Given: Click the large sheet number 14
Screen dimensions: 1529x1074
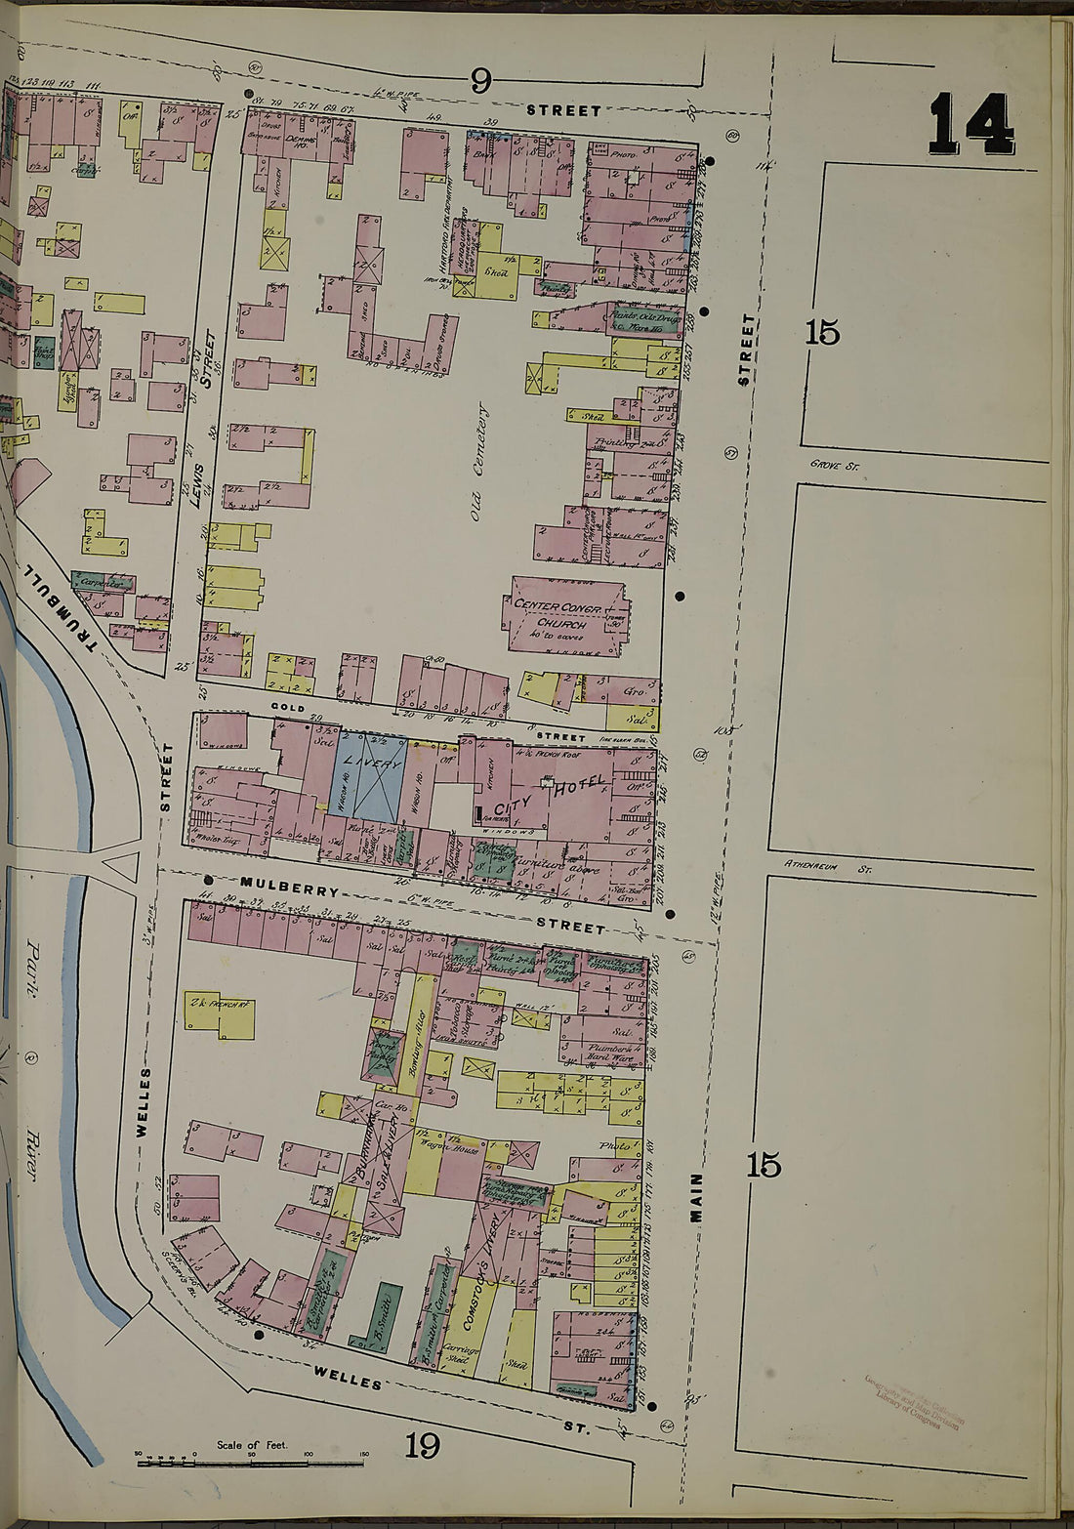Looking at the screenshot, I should (x=971, y=125).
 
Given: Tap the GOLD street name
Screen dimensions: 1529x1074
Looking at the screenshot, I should (x=289, y=708).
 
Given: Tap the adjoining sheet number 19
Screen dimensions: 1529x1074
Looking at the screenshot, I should (x=422, y=1443).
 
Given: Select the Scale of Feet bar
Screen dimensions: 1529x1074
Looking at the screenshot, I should (x=251, y=1461).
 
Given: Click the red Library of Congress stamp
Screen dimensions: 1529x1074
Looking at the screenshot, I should (x=914, y=1401).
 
